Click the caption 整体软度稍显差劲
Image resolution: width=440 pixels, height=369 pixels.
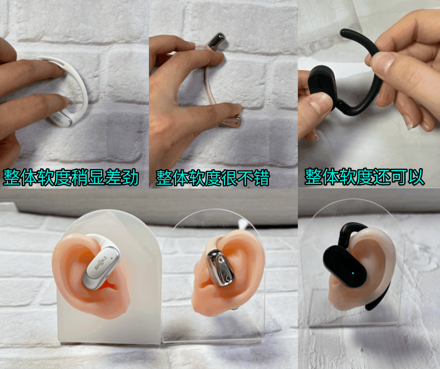click(71, 177)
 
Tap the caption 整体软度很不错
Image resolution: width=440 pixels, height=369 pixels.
click(212, 178)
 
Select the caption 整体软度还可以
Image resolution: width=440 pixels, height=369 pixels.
click(364, 177)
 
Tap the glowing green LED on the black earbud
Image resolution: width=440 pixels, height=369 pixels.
click(352, 273)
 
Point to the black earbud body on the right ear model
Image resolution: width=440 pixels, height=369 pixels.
click(345, 266)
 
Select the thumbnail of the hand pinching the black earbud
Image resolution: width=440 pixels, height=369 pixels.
click(369, 94)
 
